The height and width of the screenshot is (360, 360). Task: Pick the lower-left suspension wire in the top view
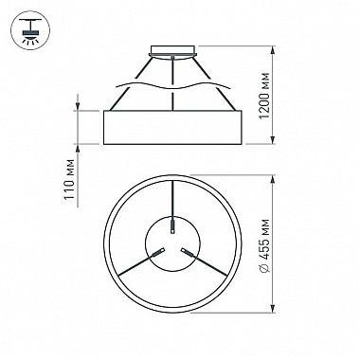click(x=128, y=267)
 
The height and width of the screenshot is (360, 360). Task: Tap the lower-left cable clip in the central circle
click(x=158, y=252)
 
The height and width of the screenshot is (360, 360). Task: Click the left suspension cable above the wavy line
click(x=136, y=75)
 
